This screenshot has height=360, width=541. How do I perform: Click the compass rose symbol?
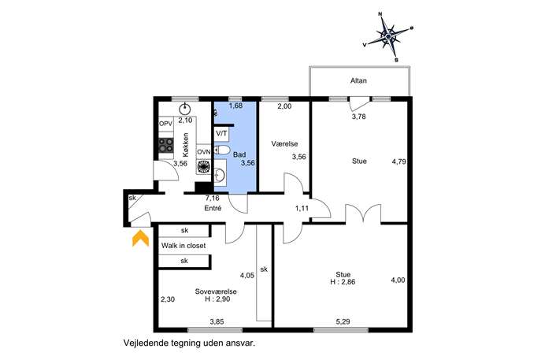[x=388, y=36]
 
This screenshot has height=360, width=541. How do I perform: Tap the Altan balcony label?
[x=358, y=81]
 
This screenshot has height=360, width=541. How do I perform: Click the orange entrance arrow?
[x=140, y=239]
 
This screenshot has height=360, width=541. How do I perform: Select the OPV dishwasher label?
[x=165, y=124]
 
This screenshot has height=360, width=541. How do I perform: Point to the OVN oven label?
[x=204, y=152]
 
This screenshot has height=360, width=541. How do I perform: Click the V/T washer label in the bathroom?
[x=221, y=133]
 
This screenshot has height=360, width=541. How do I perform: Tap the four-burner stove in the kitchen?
[x=165, y=145]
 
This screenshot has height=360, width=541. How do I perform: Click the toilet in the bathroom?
[x=222, y=150]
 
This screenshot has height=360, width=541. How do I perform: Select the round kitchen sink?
[x=185, y=109]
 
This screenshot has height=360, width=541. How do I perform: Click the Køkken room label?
[x=186, y=145]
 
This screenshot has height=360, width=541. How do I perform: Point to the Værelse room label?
[x=284, y=144]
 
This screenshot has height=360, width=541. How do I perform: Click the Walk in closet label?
[x=183, y=246]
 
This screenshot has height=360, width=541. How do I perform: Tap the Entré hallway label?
[x=213, y=209]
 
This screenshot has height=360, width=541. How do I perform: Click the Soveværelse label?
[x=216, y=291]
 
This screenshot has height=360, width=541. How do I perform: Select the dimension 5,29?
[x=343, y=321]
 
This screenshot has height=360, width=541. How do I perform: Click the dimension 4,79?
[x=399, y=161]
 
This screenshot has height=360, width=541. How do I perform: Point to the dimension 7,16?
[x=213, y=199]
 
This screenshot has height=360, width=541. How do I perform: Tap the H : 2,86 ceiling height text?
[x=343, y=282]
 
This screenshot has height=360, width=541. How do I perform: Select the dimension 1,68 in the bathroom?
[x=235, y=106]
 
